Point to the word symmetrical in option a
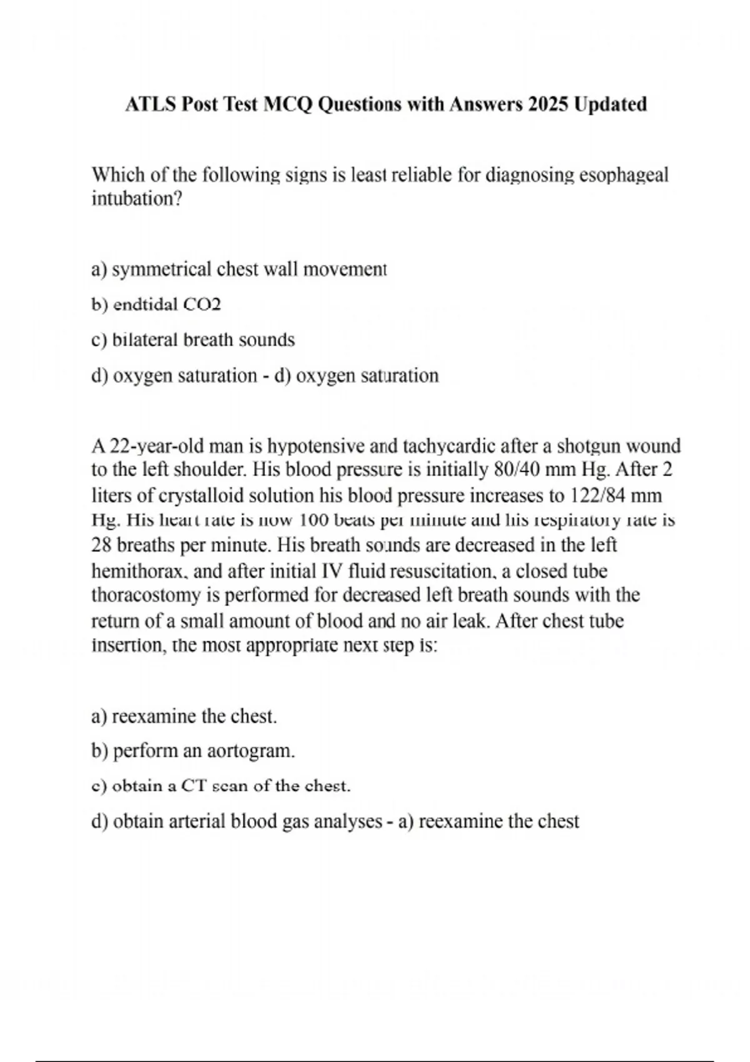(x=162, y=269)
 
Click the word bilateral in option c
(x=145, y=340)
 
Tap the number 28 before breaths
(x=101, y=545)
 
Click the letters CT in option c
(x=193, y=786)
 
